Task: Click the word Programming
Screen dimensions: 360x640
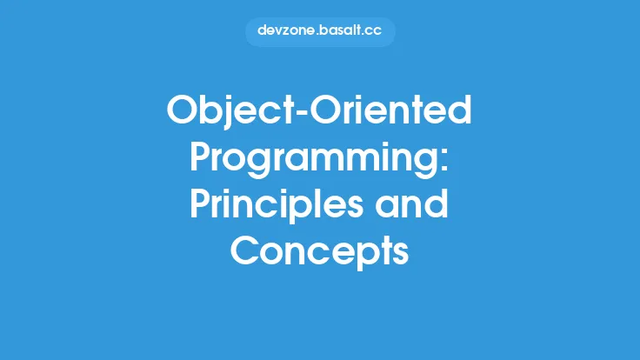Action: coord(313,160)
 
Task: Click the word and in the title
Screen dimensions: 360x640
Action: coord(417,207)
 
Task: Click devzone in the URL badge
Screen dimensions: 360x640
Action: coord(287,31)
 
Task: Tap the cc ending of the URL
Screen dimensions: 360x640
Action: coord(375,31)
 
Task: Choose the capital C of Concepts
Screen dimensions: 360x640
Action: coord(247,251)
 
